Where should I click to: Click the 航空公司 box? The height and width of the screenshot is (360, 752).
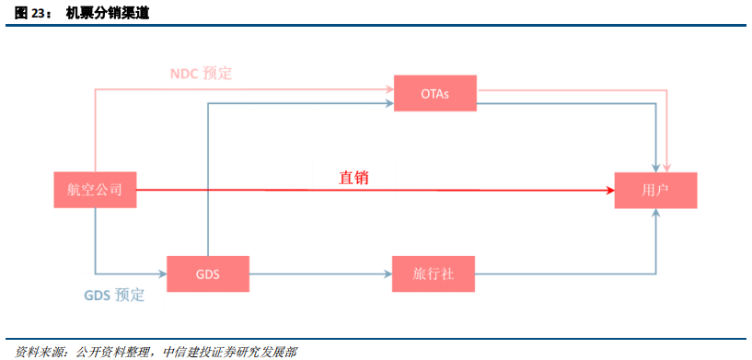click(x=95, y=190)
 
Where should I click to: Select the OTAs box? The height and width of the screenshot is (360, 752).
click(x=435, y=93)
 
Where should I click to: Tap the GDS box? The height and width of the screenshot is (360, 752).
click(x=208, y=273)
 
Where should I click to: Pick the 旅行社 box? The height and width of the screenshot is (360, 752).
click(x=432, y=273)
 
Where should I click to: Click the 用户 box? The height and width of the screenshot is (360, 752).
click(x=655, y=190)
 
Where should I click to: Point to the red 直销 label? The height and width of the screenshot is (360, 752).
click(x=353, y=177)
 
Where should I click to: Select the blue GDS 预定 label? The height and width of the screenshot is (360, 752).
click(x=115, y=296)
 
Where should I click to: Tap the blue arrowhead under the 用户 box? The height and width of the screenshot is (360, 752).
click(x=656, y=214)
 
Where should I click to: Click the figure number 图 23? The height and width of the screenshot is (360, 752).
click(x=33, y=13)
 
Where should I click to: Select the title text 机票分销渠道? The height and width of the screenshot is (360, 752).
click(x=108, y=13)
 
